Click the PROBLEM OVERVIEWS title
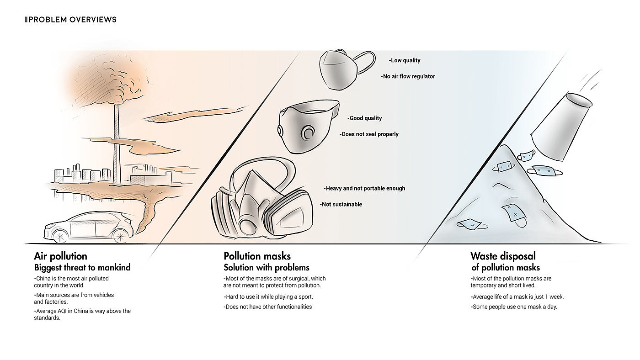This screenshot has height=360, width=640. [x=70, y=20]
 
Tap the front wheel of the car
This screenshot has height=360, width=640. [x=60, y=237]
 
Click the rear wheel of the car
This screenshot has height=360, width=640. [x=120, y=236]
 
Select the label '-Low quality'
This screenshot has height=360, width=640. [x=405, y=60]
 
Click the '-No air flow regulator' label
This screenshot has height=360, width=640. [x=408, y=76]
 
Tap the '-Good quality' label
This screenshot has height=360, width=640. [x=365, y=118]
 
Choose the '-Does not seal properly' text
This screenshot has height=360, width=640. [x=369, y=134]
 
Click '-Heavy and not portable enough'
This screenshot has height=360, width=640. [x=364, y=188]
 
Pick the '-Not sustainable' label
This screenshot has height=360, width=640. [x=341, y=204]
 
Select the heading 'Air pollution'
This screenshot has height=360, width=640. [x=60, y=256]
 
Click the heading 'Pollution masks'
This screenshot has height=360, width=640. [x=257, y=256]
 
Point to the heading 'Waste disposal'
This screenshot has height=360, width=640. [x=503, y=256]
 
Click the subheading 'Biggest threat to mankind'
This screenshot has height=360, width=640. [x=82, y=267]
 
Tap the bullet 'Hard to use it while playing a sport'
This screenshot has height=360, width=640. [x=268, y=296]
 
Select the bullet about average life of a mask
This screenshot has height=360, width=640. [x=517, y=296]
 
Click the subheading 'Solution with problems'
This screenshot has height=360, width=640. [x=267, y=268]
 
